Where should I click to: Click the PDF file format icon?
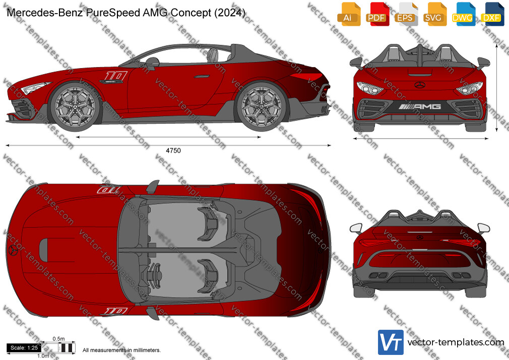(x=376, y=14)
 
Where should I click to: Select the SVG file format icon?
(x=434, y=14)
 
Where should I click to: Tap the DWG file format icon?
(x=463, y=14)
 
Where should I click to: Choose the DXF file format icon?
(x=492, y=14)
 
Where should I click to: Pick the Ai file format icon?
(x=348, y=14)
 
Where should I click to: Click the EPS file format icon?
(x=406, y=14)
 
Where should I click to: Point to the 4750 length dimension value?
(x=173, y=150)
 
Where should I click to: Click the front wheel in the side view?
(x=75, y=106)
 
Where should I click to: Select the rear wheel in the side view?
(x=262, y=106)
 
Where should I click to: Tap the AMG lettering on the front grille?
(x=420, y=106)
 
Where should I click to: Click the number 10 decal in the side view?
(x=115, y=76)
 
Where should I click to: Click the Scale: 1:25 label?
(x=24, y=348)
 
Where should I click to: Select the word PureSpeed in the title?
(x=113, y=13)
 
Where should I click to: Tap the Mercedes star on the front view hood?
(x=420, y=85)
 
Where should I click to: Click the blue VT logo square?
(x=391, y=342)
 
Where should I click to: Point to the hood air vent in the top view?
(x=44, y=250)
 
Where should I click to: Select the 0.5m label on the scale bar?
(x=59, y=339)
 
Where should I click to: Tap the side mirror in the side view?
(x=152, y=62)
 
